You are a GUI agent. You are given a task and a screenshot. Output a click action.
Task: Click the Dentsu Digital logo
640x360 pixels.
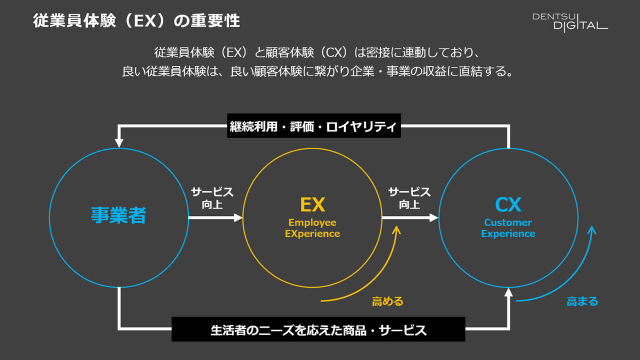[570, 21]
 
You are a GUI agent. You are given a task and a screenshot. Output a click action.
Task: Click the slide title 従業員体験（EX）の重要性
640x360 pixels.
[136, 21]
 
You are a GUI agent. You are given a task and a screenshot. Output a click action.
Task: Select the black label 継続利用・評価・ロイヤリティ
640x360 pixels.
[313, 126]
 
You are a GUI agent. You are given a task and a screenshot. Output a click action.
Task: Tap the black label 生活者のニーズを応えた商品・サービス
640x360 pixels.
[318, 329]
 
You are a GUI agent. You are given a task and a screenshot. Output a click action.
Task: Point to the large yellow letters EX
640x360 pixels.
[312, 204]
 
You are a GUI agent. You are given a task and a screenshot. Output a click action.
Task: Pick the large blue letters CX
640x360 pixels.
[508, 204]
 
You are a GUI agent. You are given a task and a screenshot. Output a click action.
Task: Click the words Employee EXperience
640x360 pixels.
[312, 228]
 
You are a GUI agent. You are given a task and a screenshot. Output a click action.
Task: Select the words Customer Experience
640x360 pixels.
[508, 228]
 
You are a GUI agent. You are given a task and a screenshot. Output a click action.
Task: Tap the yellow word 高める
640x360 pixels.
[387, 301]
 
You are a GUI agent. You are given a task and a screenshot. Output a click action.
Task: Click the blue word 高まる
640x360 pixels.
[582, 301]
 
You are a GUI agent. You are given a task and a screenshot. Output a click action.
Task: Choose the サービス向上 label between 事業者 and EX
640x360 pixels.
[212, 198]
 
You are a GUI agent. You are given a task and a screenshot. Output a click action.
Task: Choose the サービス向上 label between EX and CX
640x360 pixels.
[409, 198]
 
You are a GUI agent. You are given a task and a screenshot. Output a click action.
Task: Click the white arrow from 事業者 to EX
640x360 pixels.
[215, 217]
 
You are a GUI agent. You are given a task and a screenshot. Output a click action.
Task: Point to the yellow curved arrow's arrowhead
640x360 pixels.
[397, 230]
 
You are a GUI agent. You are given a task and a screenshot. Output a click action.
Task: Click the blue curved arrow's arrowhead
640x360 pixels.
[592, 230]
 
